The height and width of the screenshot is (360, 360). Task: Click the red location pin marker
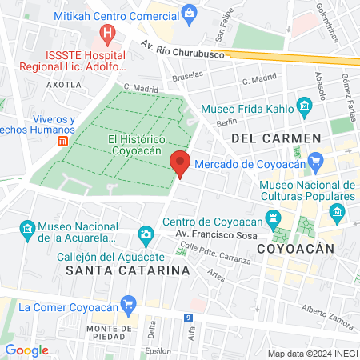click(x=181, y=163)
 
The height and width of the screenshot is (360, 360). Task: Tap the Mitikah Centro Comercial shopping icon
click(x=190, y=12)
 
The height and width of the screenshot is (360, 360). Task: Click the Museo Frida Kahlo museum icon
click(x=303, y=106)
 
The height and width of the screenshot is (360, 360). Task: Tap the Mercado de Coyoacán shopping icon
click(x=316, y=162)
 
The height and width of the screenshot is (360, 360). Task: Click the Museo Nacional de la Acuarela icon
click(x=27, y=230)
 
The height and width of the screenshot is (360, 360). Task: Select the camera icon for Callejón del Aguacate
click(x=146, y=234)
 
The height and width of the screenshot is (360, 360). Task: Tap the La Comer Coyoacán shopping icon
click(x=10, y=306)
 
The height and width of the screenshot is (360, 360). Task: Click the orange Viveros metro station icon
click(x=62, y=141)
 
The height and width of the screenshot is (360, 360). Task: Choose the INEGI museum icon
click(x=338, y=212)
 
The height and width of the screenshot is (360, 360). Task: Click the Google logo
click(x=26, y=350)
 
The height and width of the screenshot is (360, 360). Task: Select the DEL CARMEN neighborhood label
click(x=275, y=138)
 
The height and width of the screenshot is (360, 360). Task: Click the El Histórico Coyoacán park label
click(x=137, y=145)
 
